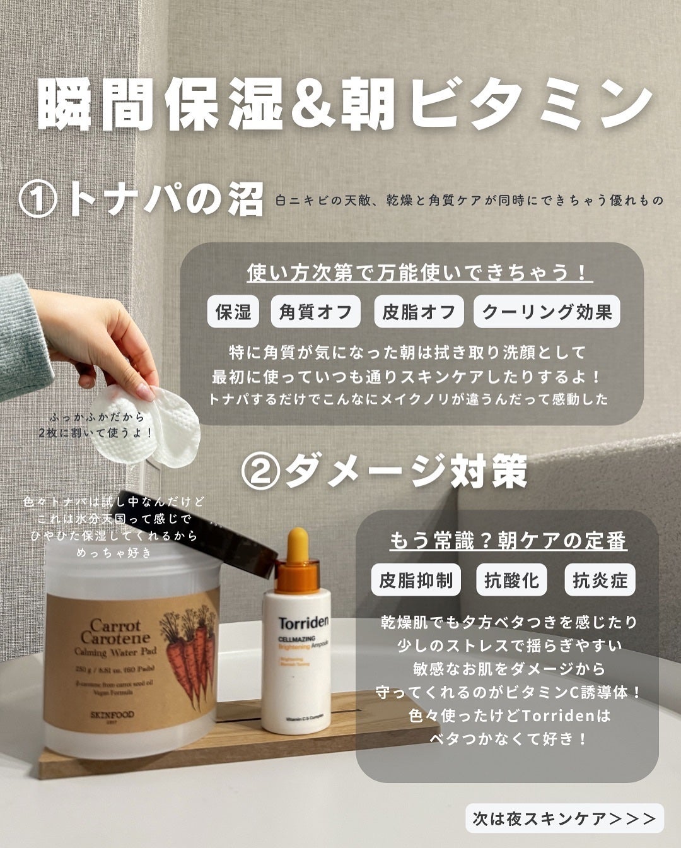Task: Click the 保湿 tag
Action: click(233, 312)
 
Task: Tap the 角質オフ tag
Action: click(315, 312)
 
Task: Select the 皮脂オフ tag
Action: click(419, 312)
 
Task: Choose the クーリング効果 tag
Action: click(547, 312)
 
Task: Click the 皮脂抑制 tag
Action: click(416, 580)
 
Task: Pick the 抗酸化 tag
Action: click(511, 580)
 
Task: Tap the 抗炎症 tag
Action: click(600, 580)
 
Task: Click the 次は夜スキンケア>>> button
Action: click(564, 818)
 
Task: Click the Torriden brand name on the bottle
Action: click(303, 623)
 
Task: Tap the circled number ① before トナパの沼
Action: click(39, 201)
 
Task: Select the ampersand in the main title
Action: click(310, 105)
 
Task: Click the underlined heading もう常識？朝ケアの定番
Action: click(508, 541)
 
